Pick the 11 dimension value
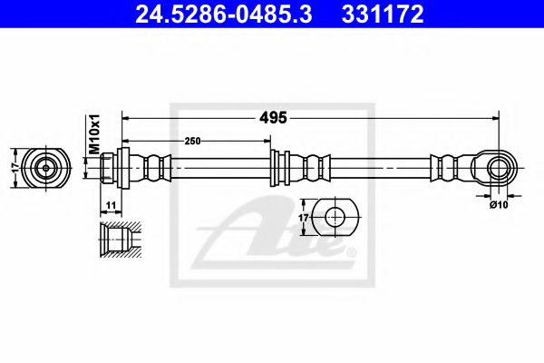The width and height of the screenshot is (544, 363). coord(112,208)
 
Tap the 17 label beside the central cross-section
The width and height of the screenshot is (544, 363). coord(305,218)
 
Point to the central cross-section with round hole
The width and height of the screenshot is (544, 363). coord(336,218)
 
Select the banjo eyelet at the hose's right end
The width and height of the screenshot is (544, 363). coord(494,166)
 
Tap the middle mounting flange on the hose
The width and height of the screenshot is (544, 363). coord(279,166)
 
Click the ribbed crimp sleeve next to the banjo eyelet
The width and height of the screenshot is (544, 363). coord(445,166)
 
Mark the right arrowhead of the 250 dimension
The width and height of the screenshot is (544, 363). coord(267,141)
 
